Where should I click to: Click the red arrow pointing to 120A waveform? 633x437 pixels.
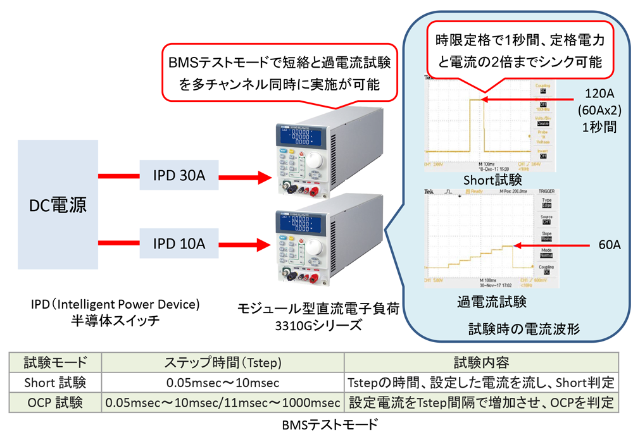528,99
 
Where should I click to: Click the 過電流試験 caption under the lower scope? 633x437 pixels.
492,302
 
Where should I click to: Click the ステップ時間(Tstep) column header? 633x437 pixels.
223,362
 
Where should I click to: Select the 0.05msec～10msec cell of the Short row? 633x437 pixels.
223,383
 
